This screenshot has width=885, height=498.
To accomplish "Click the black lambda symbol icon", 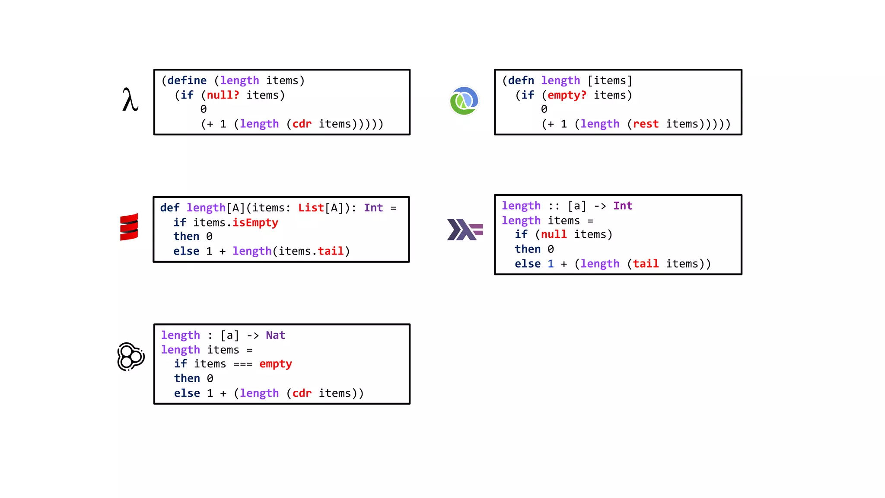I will tap(130, 100).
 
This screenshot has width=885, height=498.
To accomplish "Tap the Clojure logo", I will tap(464, 101).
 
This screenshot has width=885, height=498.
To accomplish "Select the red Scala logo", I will tap(129, 227).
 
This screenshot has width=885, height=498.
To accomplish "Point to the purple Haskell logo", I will tap(465, 229).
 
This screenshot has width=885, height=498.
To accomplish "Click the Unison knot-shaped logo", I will tap(131, 357).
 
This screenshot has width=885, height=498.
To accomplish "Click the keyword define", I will tap(187, 81).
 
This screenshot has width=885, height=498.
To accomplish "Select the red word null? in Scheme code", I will tap(223, 95).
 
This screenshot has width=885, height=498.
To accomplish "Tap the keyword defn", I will tap(521, 81).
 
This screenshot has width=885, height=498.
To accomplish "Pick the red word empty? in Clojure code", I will tap(567, 95).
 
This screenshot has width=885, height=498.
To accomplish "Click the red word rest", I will tap(646, 124).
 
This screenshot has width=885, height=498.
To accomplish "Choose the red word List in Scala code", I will tap(311, 208).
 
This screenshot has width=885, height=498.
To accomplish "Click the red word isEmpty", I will tap(255, 223).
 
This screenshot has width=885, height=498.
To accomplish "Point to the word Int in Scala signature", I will tap(373, 208).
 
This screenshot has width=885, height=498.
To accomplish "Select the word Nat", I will tap(275, 335).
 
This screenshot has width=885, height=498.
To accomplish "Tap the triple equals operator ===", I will tap(243, 364).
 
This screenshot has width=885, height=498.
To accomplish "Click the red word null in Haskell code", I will tap(554, 234).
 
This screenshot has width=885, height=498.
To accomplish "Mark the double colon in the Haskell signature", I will tap(554, 206).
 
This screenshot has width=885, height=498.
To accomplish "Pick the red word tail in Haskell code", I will tap(646, 264).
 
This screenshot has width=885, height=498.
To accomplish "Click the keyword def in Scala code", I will tap(170, 208).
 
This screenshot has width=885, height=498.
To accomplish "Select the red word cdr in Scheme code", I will tap(302, 124).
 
